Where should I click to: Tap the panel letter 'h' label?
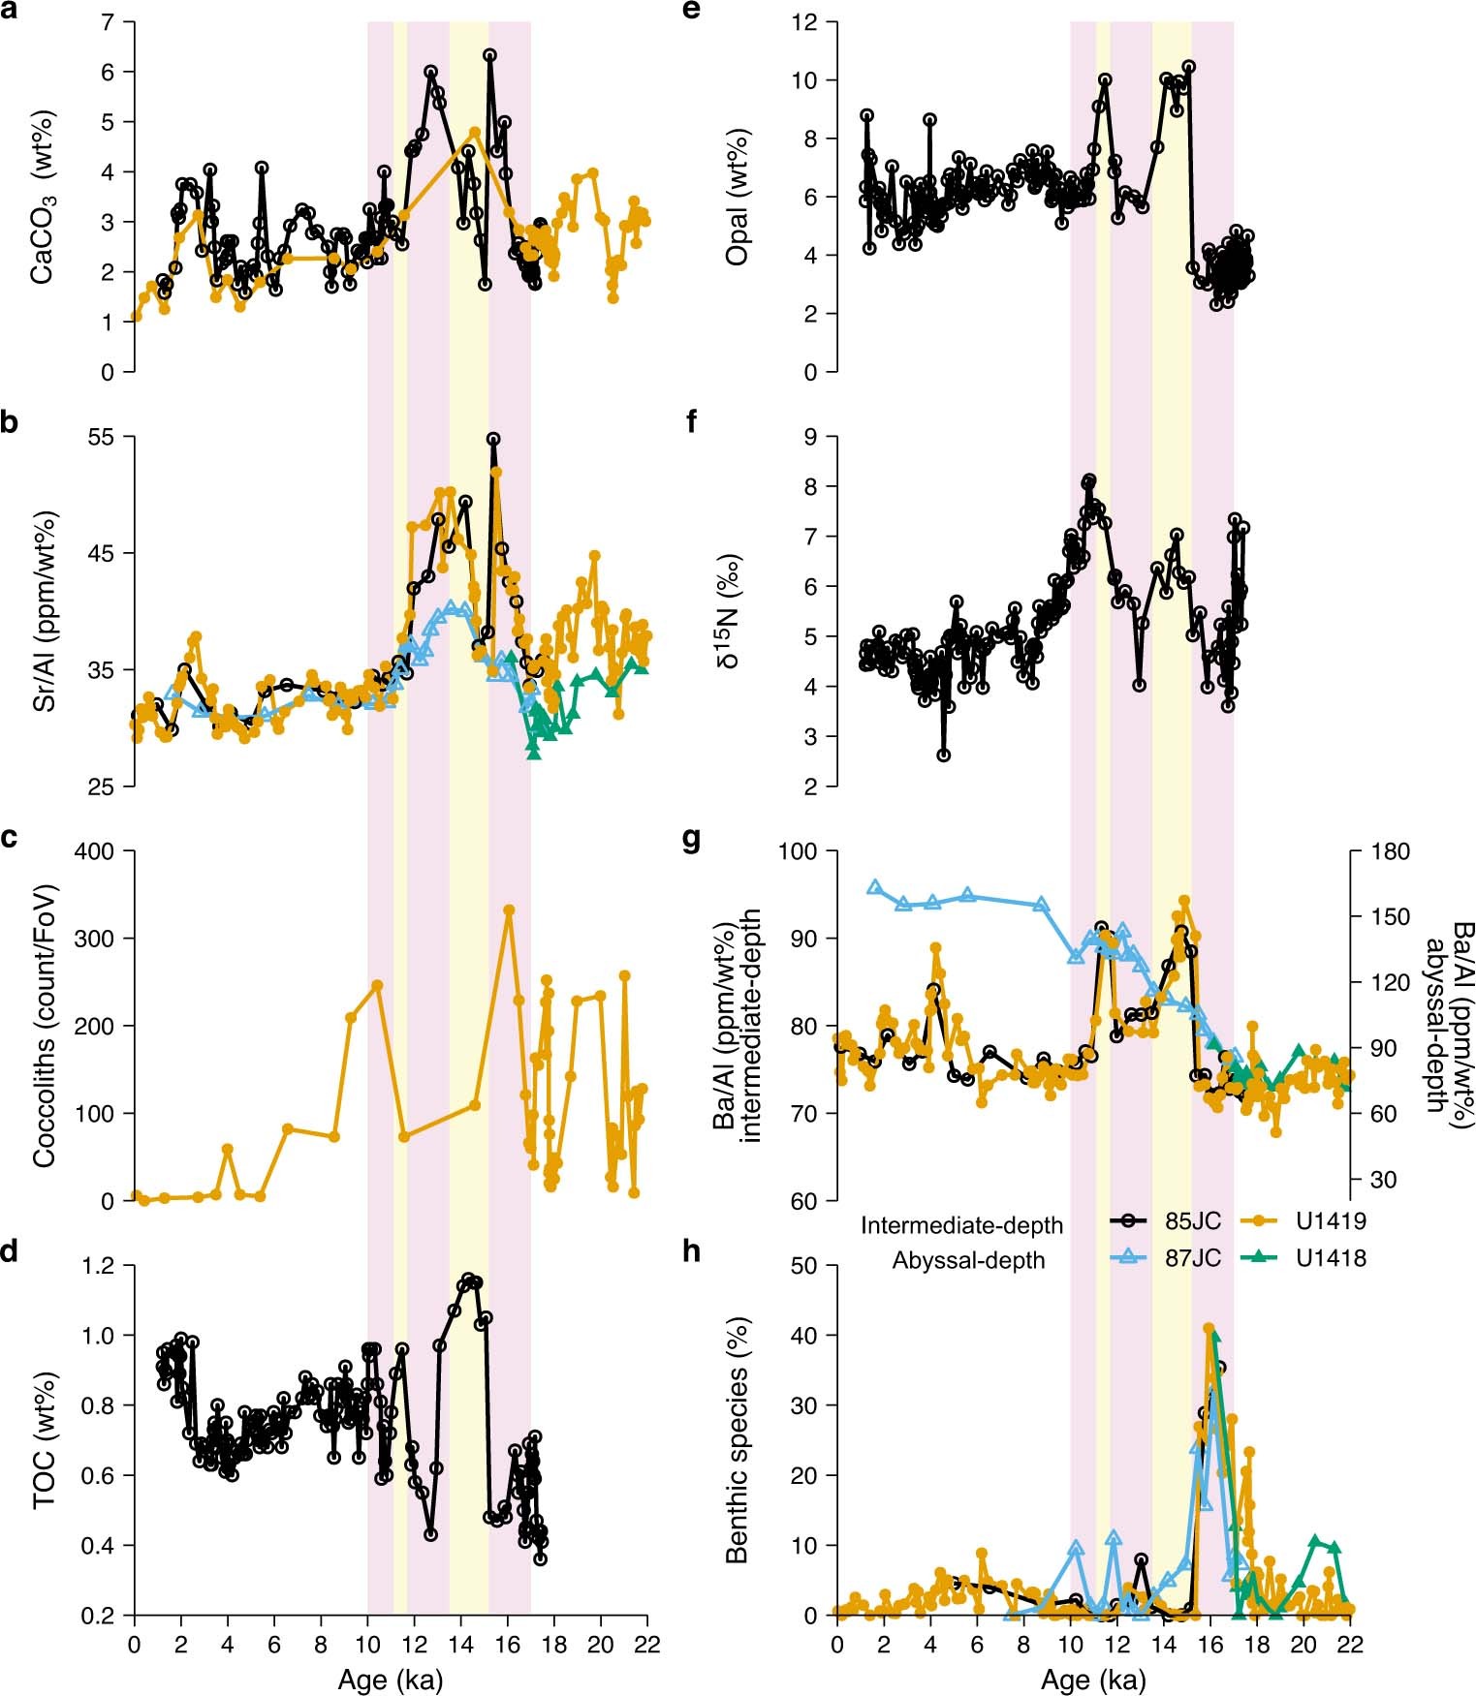pos(692,1251)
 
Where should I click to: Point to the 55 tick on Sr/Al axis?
pos(104,437)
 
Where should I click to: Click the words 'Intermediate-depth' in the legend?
pos(961,1226)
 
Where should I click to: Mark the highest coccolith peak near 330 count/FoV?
pos(509,910)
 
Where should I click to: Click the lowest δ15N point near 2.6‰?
pos(943,755)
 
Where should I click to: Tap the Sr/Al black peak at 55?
pos(493,439)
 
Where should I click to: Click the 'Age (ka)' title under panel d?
pos(390,1680)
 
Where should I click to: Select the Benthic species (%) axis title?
pos(738,1439)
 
